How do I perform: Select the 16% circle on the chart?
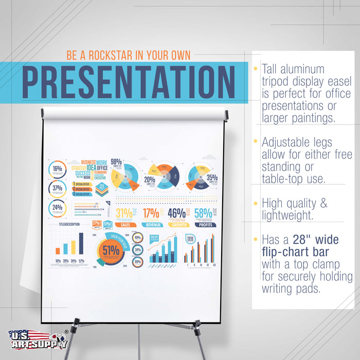coord(57,169)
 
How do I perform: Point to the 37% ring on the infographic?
coord(57,189)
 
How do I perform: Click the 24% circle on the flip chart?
coord(57,208)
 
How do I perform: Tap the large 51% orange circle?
coord(110,250)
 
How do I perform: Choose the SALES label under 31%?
coord(125,225)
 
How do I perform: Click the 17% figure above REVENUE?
coord(151,213)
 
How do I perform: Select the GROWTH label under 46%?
coord(178,225)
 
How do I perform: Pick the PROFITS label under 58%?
coord(205,225)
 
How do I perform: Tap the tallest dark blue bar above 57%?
coord(81,243)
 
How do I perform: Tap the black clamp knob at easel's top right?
coord(225,115)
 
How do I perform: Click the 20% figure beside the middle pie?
coord(149,180)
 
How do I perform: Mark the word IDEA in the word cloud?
coord(91,168)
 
